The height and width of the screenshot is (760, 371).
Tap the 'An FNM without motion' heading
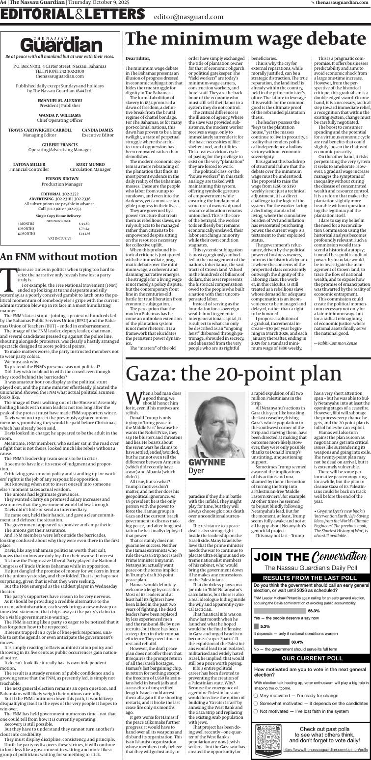coord(58,257)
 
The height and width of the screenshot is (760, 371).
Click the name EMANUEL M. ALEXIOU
coord(60,101)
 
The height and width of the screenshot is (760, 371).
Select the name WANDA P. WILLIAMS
coord(60,115)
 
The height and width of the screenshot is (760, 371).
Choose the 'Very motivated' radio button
coord(256,695)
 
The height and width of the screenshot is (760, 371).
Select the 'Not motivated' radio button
coord(256,711)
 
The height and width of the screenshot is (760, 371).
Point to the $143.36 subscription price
coord(84,233)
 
